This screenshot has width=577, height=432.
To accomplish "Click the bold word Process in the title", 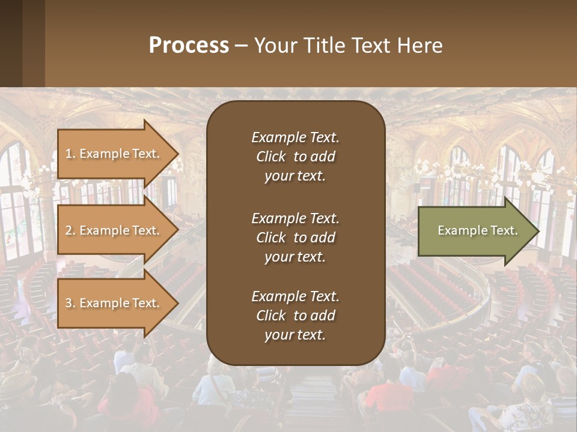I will tap(189, 46).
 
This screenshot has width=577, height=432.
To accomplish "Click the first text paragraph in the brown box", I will tap(295, 157).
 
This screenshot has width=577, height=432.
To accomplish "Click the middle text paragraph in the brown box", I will tap(295, 238).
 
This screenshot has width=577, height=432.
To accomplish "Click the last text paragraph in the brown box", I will tap(295, 316).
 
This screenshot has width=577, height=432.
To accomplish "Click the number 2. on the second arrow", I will tap(70, 230).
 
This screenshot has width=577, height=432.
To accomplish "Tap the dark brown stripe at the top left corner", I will tap(11, 42).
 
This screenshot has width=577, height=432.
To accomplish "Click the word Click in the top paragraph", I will tap(271, 157).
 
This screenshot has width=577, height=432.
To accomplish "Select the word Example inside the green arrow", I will tap(459, 230).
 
